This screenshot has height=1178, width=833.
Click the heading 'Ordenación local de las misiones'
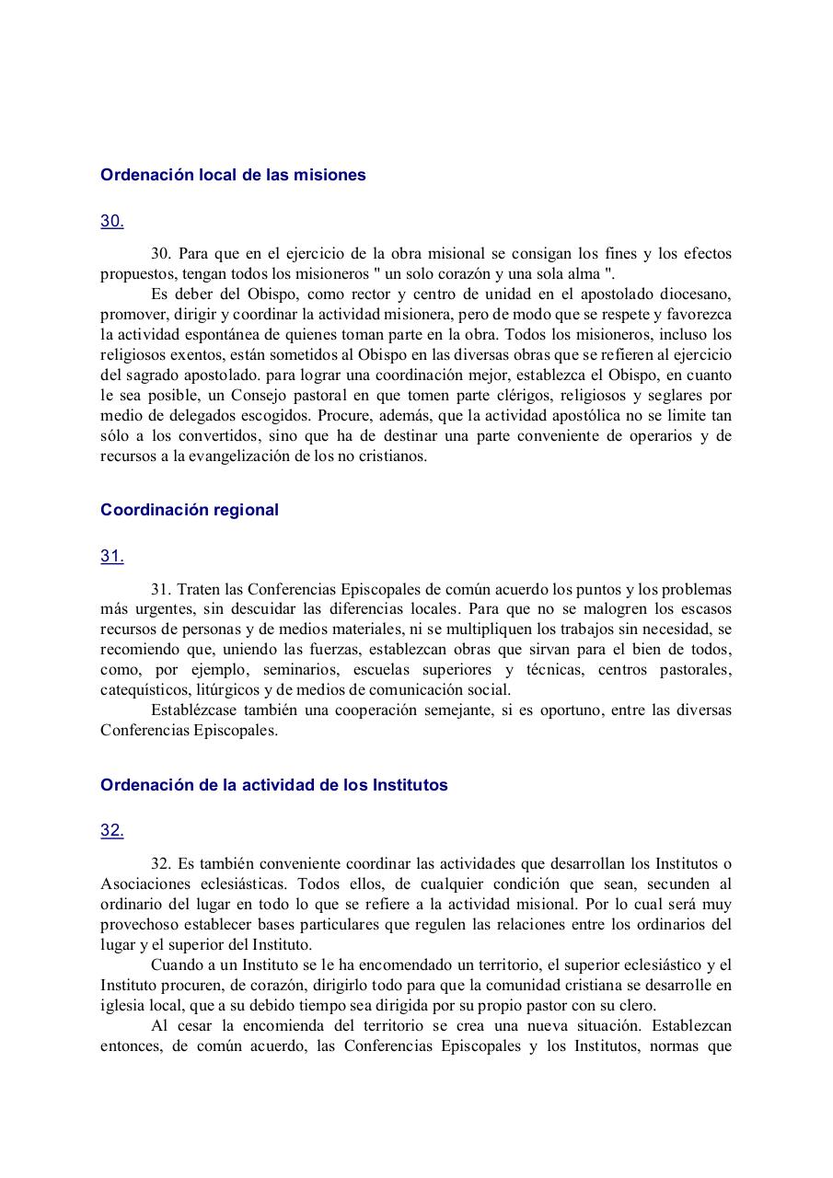click(233, 175)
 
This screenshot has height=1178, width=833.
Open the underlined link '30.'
click(111, 221)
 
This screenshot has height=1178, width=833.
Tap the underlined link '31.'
click(111, 556)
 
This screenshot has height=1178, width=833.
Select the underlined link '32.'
click(111, 830)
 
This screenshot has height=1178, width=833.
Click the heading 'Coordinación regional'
click(189, 510)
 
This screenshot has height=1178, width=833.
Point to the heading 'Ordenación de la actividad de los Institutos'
click(273, 785)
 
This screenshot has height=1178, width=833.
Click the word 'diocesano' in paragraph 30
click(697, 294)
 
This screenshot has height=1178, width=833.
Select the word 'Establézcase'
click(199, 710)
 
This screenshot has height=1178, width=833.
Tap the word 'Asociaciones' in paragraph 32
click(145, 883)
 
